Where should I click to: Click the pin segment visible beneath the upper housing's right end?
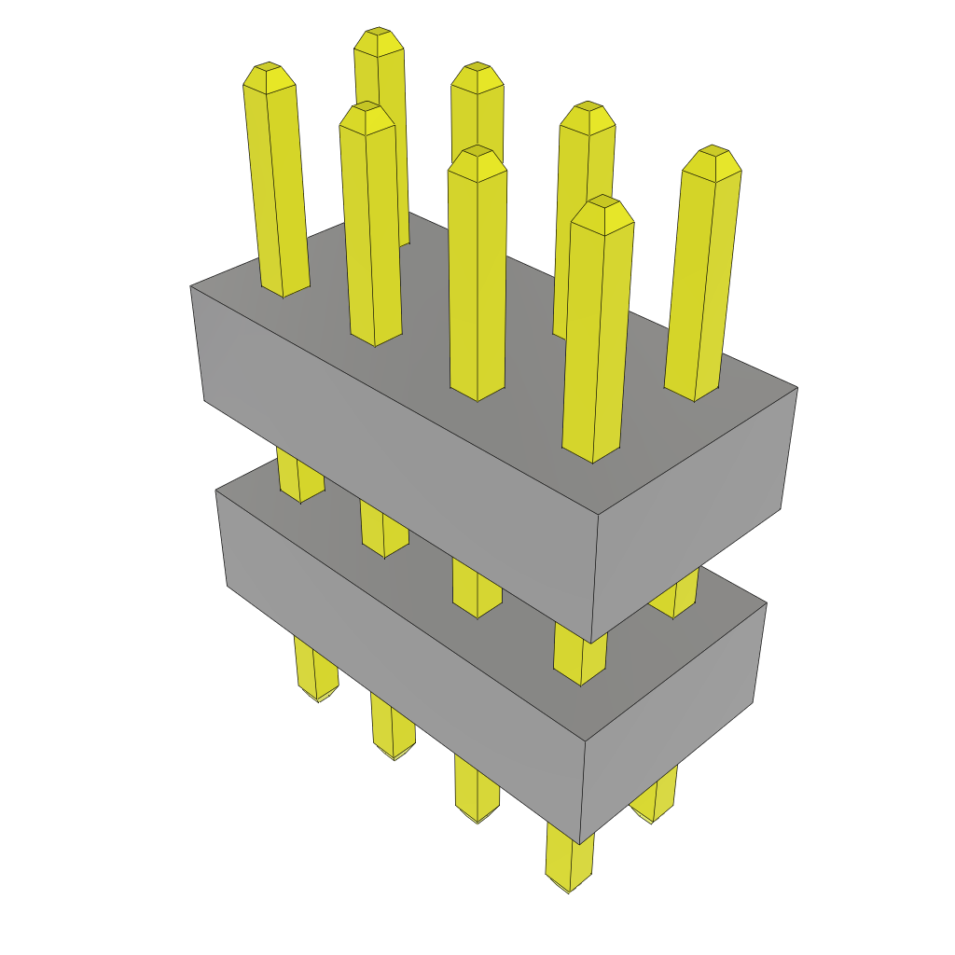[673, 597]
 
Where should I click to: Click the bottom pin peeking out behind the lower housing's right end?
[653, 802]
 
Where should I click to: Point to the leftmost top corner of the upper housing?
[191, 286]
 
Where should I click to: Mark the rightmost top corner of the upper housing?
[797, 387]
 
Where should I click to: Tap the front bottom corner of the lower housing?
[581, 844]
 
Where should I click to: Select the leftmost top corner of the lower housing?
[216, 491]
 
